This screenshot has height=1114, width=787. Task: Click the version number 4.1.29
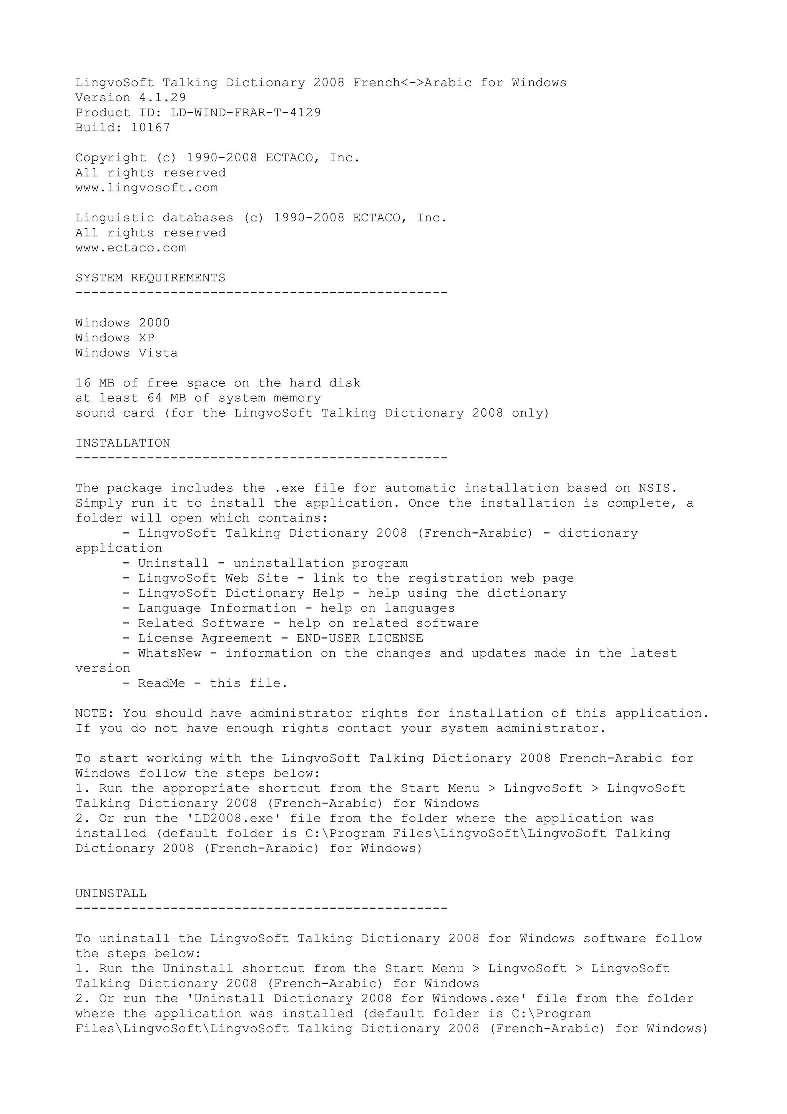[x=159, y=98]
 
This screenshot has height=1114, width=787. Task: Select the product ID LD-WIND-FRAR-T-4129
[x=246, y=113]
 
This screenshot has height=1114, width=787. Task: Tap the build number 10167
[x=150, y=128]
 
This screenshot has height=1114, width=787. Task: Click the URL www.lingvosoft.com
[x=146, y=188]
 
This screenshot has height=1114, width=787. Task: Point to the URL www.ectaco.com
[x=130, y=248]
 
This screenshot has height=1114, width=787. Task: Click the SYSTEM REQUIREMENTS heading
[x=150, y=278]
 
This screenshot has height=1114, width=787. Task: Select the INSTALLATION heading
[x=123, y=443]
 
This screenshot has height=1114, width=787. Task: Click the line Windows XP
[x=115, y=338]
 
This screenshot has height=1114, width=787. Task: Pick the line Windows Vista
[x=126, y=353]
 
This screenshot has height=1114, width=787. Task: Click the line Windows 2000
[x=123, y=323]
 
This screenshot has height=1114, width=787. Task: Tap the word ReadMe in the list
[x=161, y=683]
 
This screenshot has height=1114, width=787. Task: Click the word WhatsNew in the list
[x=169, y=653]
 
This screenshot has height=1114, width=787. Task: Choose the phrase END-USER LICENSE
[x=360, y=638]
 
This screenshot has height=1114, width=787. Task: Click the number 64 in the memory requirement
[x=154, y=398]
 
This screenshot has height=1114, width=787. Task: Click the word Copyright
[x=111, y=158]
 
